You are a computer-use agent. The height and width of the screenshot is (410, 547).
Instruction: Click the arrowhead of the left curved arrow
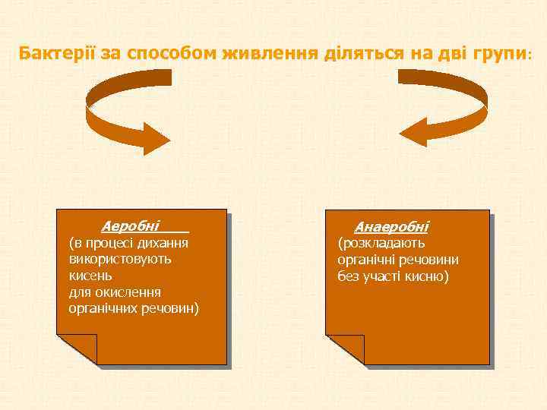(157, 138)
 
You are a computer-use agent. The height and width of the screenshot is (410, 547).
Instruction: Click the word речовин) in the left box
(173, 308)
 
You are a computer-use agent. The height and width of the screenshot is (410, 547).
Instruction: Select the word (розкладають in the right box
(381, 243)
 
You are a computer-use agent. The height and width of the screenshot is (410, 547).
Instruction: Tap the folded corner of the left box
(77, 348)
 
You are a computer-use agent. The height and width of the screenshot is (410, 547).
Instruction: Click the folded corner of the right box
(345, 348)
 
